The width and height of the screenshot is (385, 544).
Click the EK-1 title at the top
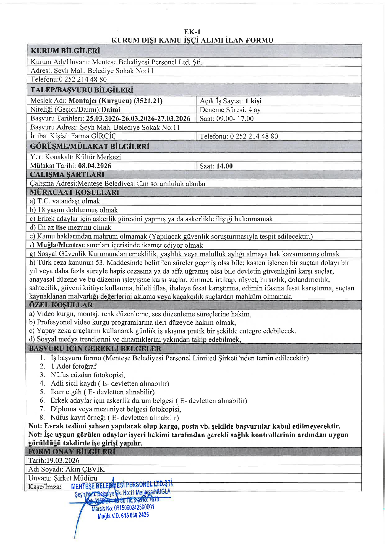pyautogui.click(x=192, y=32)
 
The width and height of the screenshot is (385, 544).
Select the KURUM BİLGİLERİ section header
pyautogui.click(x=65, y=51)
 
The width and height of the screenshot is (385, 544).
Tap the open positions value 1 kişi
pyautogui.click(x=253, y=101)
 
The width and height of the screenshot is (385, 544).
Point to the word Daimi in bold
pyautogui.click(x=111, y=110)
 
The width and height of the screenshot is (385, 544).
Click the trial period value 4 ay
pyautogui.click(x=254, y=110)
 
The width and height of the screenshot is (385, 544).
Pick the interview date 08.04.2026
pyautogui.click(x=95, y=166)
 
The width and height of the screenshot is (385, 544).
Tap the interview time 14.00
pyautogui.click(x=224, y=166)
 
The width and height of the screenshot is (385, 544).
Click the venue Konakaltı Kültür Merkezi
pyautogui.click(x=83, y=157)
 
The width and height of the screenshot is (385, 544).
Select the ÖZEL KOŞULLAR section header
pyautogui.click(x=61, y=305)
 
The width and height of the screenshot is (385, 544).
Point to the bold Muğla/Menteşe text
pyautogui.click(x=60, y=245)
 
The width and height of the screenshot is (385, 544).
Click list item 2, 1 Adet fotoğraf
pyautogui.click(x=73, y=366)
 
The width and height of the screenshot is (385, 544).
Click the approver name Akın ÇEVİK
pyautogui.click(x=85, y=469)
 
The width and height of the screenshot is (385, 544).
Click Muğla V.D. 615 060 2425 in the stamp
pyautogui.click(x=123, y=515)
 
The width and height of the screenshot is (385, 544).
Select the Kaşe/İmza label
pyautogui.click(x=45, y=487)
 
